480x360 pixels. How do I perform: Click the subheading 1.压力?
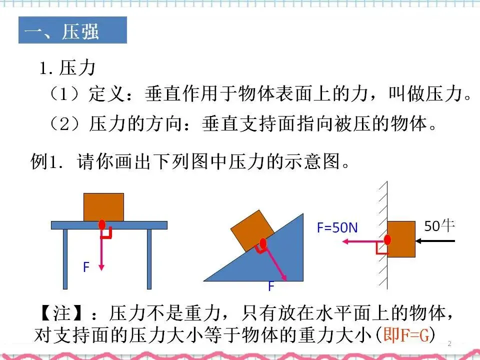coord(67,67)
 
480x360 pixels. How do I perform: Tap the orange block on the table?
coord(103,206)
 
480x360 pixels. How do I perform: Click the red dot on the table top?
coord(102,224)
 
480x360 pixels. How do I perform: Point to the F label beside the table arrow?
coord(86,267)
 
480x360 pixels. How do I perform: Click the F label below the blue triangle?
coord(271,286)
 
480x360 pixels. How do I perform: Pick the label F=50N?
coord(337,227)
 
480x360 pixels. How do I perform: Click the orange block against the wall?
coord(401,239)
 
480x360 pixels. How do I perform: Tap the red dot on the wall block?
coord(387,239)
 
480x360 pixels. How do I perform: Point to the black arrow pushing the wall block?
coord(436,241)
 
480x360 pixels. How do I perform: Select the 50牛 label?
coord(439,226)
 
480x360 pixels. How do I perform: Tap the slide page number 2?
coord(449,344)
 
